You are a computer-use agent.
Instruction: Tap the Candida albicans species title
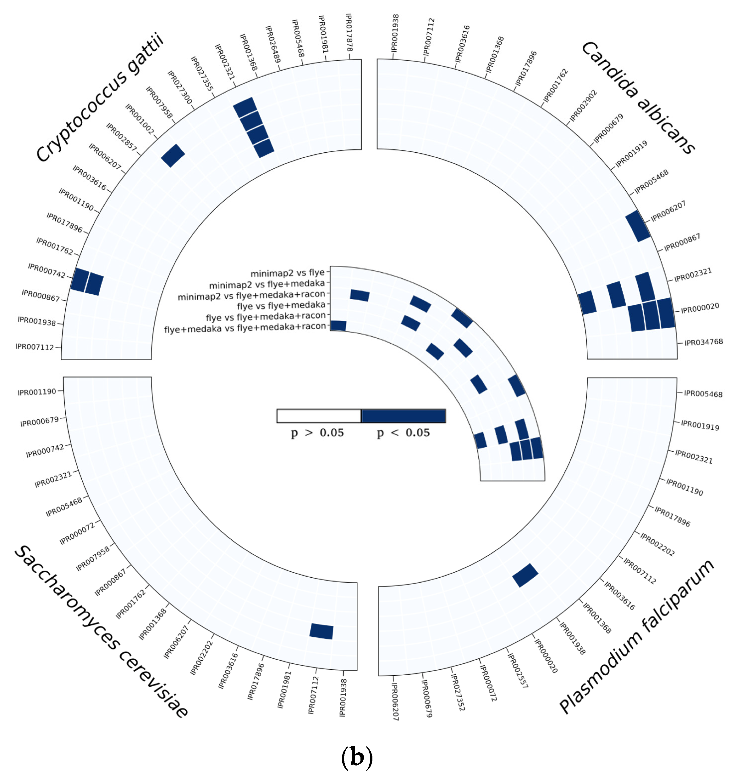coord(638,98)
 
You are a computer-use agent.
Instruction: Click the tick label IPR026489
coord(273,44)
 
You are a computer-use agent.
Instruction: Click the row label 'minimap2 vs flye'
coord(288,273)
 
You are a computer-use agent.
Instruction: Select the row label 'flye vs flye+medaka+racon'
coord(266,316)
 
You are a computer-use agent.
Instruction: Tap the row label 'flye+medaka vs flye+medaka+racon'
coord(245,327)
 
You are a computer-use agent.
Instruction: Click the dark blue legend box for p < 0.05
coord(403,416)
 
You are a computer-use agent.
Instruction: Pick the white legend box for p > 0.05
coord(319,416)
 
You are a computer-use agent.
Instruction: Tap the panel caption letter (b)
coord(357,757)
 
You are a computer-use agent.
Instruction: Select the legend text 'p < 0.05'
coord(403,433)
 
